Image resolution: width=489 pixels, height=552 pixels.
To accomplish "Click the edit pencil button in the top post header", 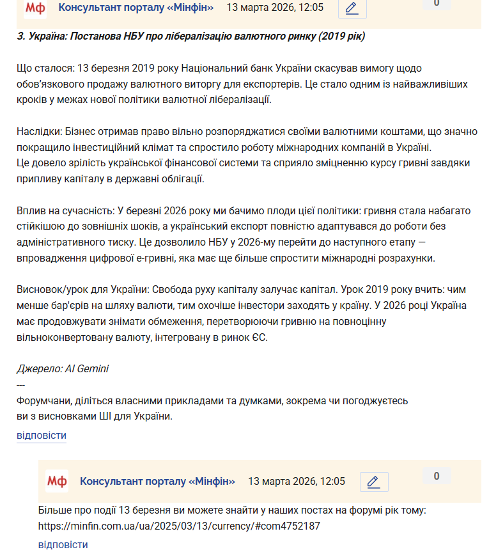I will [x=351, y=8].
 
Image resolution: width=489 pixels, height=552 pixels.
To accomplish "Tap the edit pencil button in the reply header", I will [x=374, y=482].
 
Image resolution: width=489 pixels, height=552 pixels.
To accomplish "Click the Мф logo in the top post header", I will [x=35, y=8].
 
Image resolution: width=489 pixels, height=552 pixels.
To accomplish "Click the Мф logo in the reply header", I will [x=57, y=481].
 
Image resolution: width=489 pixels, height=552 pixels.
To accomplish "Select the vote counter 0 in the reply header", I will [x=437, y=476].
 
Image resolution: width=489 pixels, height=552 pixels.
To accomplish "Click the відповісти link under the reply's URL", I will [x=63, y=544].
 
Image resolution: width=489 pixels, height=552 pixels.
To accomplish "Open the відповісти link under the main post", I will [x=42, y=436].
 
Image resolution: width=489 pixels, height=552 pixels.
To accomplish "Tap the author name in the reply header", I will [x=157, y=481].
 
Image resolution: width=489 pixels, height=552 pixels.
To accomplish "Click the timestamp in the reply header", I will [x=297, y=481].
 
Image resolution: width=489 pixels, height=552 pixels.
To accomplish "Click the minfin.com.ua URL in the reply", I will [x=179, y=526].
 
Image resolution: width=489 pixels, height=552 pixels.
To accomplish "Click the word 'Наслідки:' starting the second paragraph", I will [x=38, y=131].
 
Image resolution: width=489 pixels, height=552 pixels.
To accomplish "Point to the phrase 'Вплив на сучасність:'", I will [x=65, y=210].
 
